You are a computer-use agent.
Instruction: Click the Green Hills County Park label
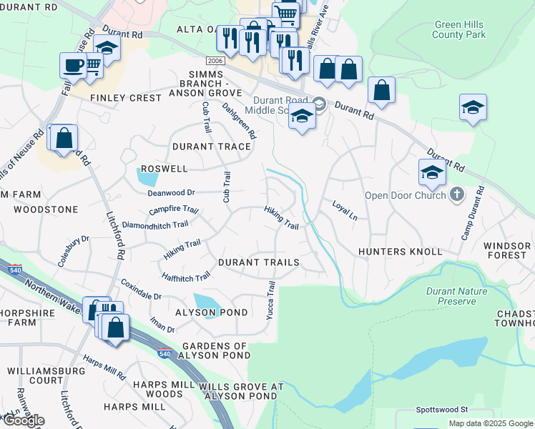click(459, 29)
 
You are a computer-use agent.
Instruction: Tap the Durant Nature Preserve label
click(456, 296)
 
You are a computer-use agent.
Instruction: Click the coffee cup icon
click(72, 65)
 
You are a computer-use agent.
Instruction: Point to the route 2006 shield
click(215, 61)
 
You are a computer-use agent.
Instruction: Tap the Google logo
click(23, 420)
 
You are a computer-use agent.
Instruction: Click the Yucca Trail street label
click(271, 300)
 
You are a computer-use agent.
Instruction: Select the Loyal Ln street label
click(344, 209)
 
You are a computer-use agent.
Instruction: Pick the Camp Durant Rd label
click(473, 212)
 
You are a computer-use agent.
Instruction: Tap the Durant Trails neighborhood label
click(258, 262)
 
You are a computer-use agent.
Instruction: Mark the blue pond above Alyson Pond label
click(207, 302)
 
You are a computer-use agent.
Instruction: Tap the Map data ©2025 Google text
click(490, 423)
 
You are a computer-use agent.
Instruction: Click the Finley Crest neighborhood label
click(125, 97)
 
